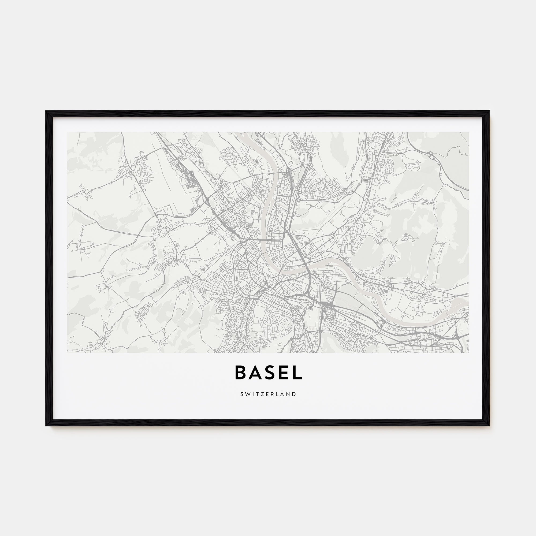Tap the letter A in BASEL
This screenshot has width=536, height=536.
(255, 373)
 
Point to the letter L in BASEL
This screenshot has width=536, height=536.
(296, 373)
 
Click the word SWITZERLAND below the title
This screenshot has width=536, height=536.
(268, 394)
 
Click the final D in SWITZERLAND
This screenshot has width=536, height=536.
(294, 394)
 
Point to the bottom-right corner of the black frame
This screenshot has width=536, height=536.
(489, 425)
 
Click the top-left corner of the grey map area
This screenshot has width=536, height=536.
(68, 133)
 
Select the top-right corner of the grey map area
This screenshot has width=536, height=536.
(469, 133)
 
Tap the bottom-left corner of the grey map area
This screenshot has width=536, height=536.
(68, 352)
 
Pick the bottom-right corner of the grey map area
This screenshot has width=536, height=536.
(469, 352)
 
